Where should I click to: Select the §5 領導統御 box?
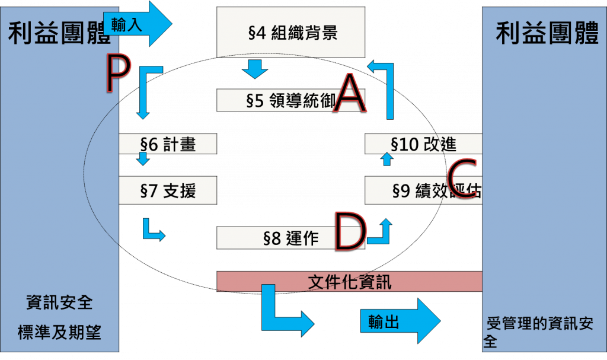coord(279,100)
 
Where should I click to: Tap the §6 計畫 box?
coord(168,144)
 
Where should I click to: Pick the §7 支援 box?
coord(168,190)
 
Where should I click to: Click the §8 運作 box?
coord(276,238)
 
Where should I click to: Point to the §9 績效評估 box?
coord(423,190)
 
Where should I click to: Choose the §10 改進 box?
coord(423,144)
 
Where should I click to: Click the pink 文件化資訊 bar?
coord(350,282)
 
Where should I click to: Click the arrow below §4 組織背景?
coord(256,68)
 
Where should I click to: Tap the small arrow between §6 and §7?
coord(143,159)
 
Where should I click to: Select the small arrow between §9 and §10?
coord(386,158)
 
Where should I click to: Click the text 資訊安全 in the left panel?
coord(59,302)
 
